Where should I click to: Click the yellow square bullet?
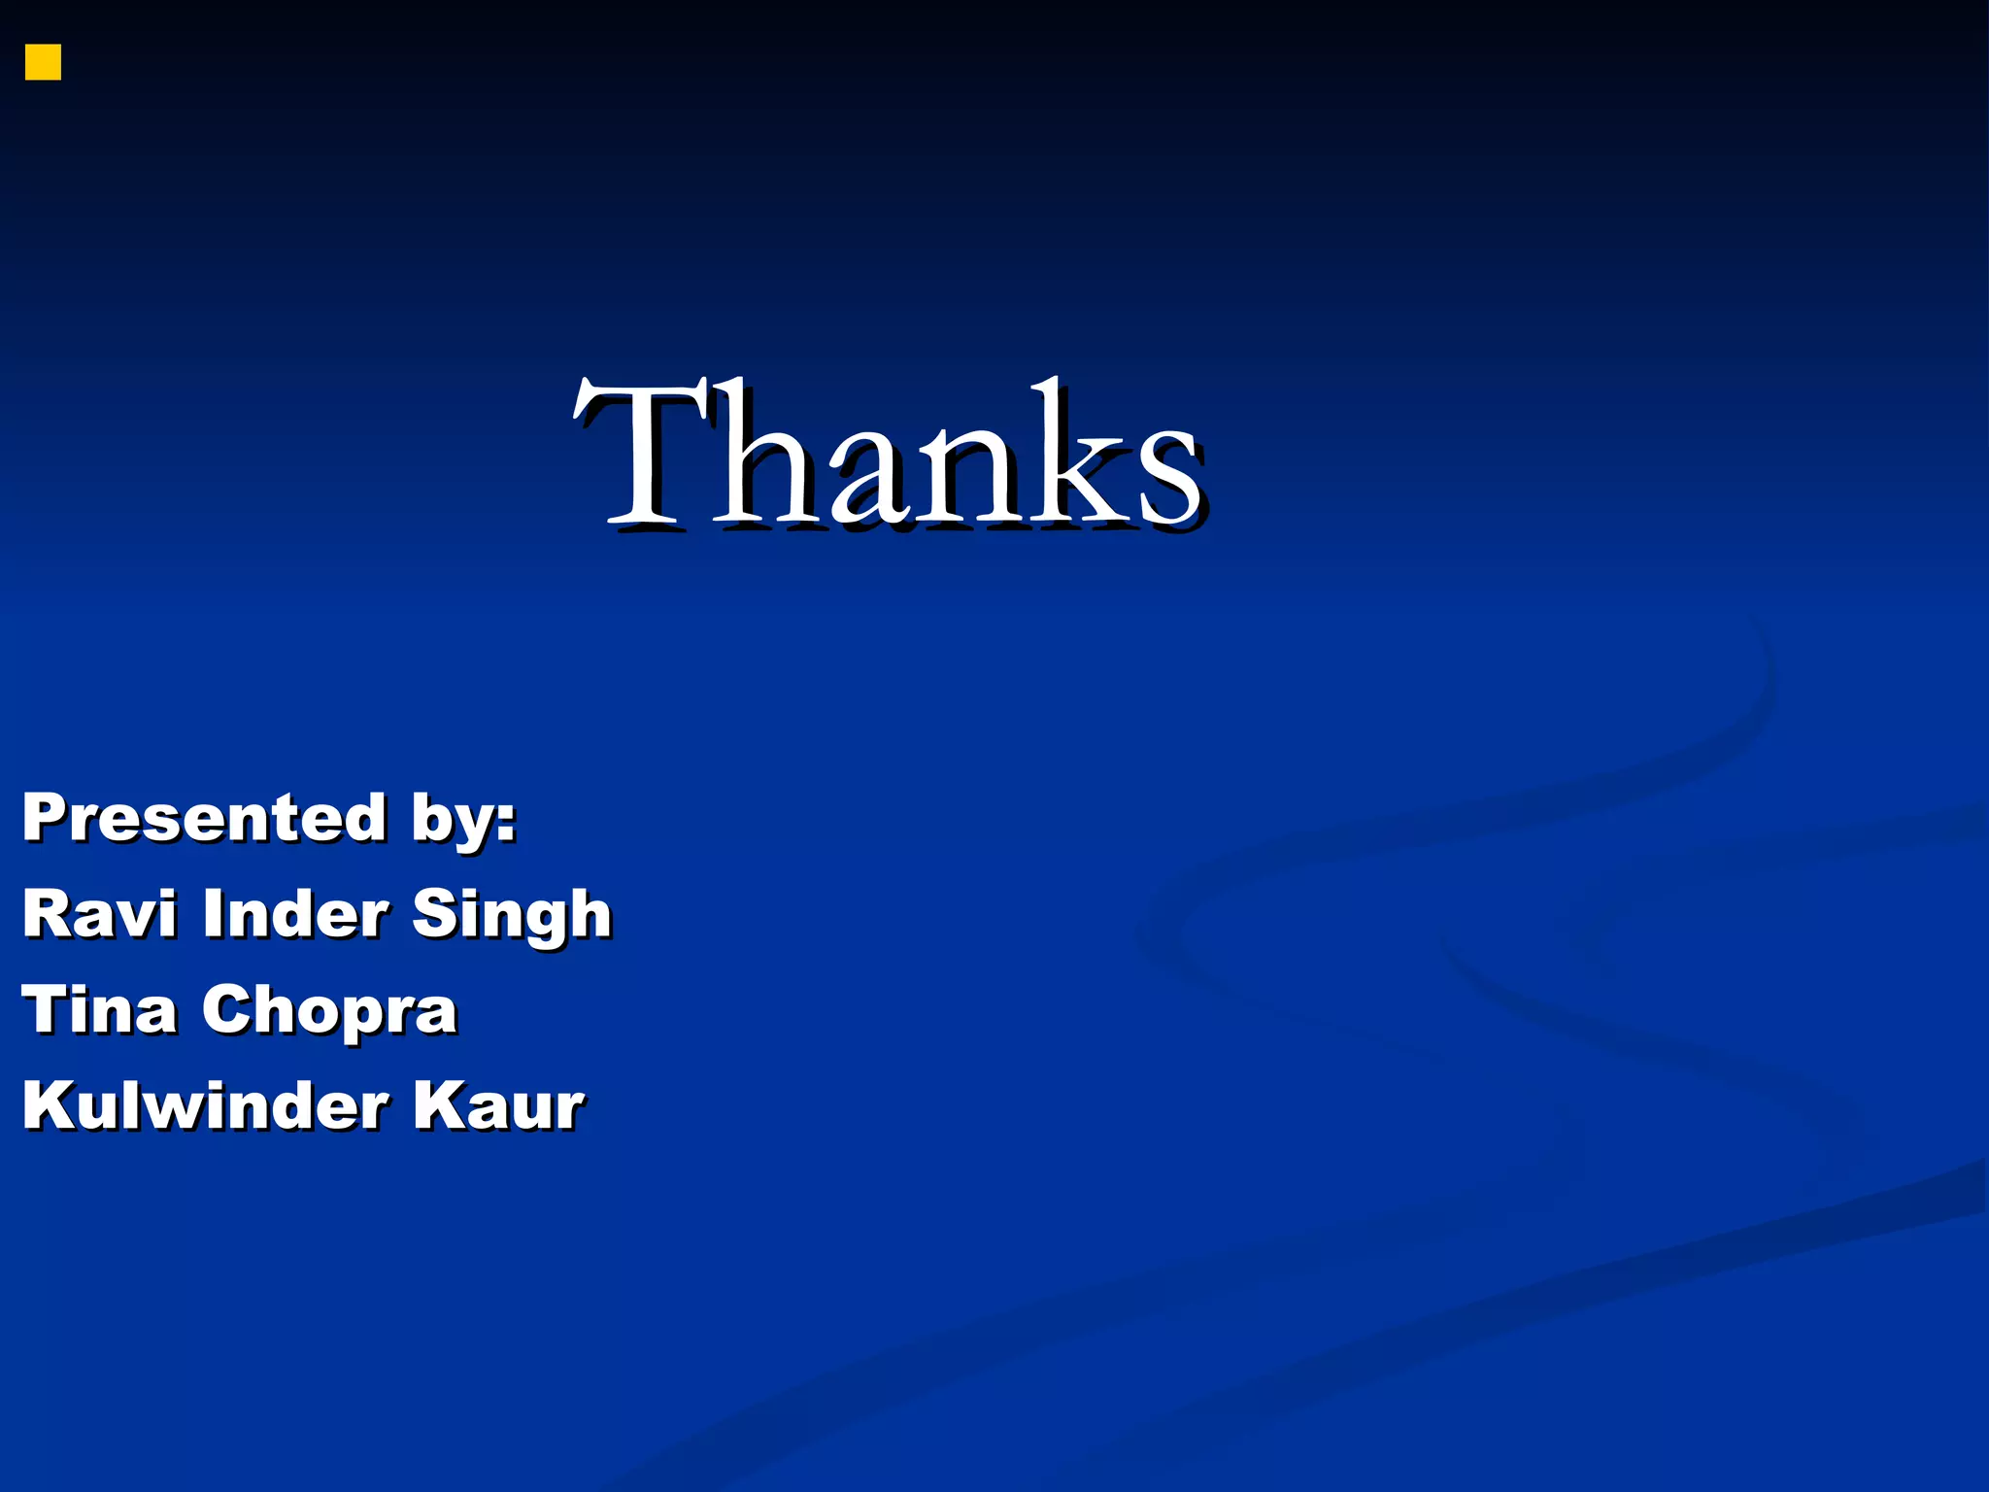(43, 62)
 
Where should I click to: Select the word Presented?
(205, 817)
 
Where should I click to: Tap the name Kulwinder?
(205, 1105)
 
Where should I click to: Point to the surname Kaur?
(499, 1105)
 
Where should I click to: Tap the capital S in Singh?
(436, 914)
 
